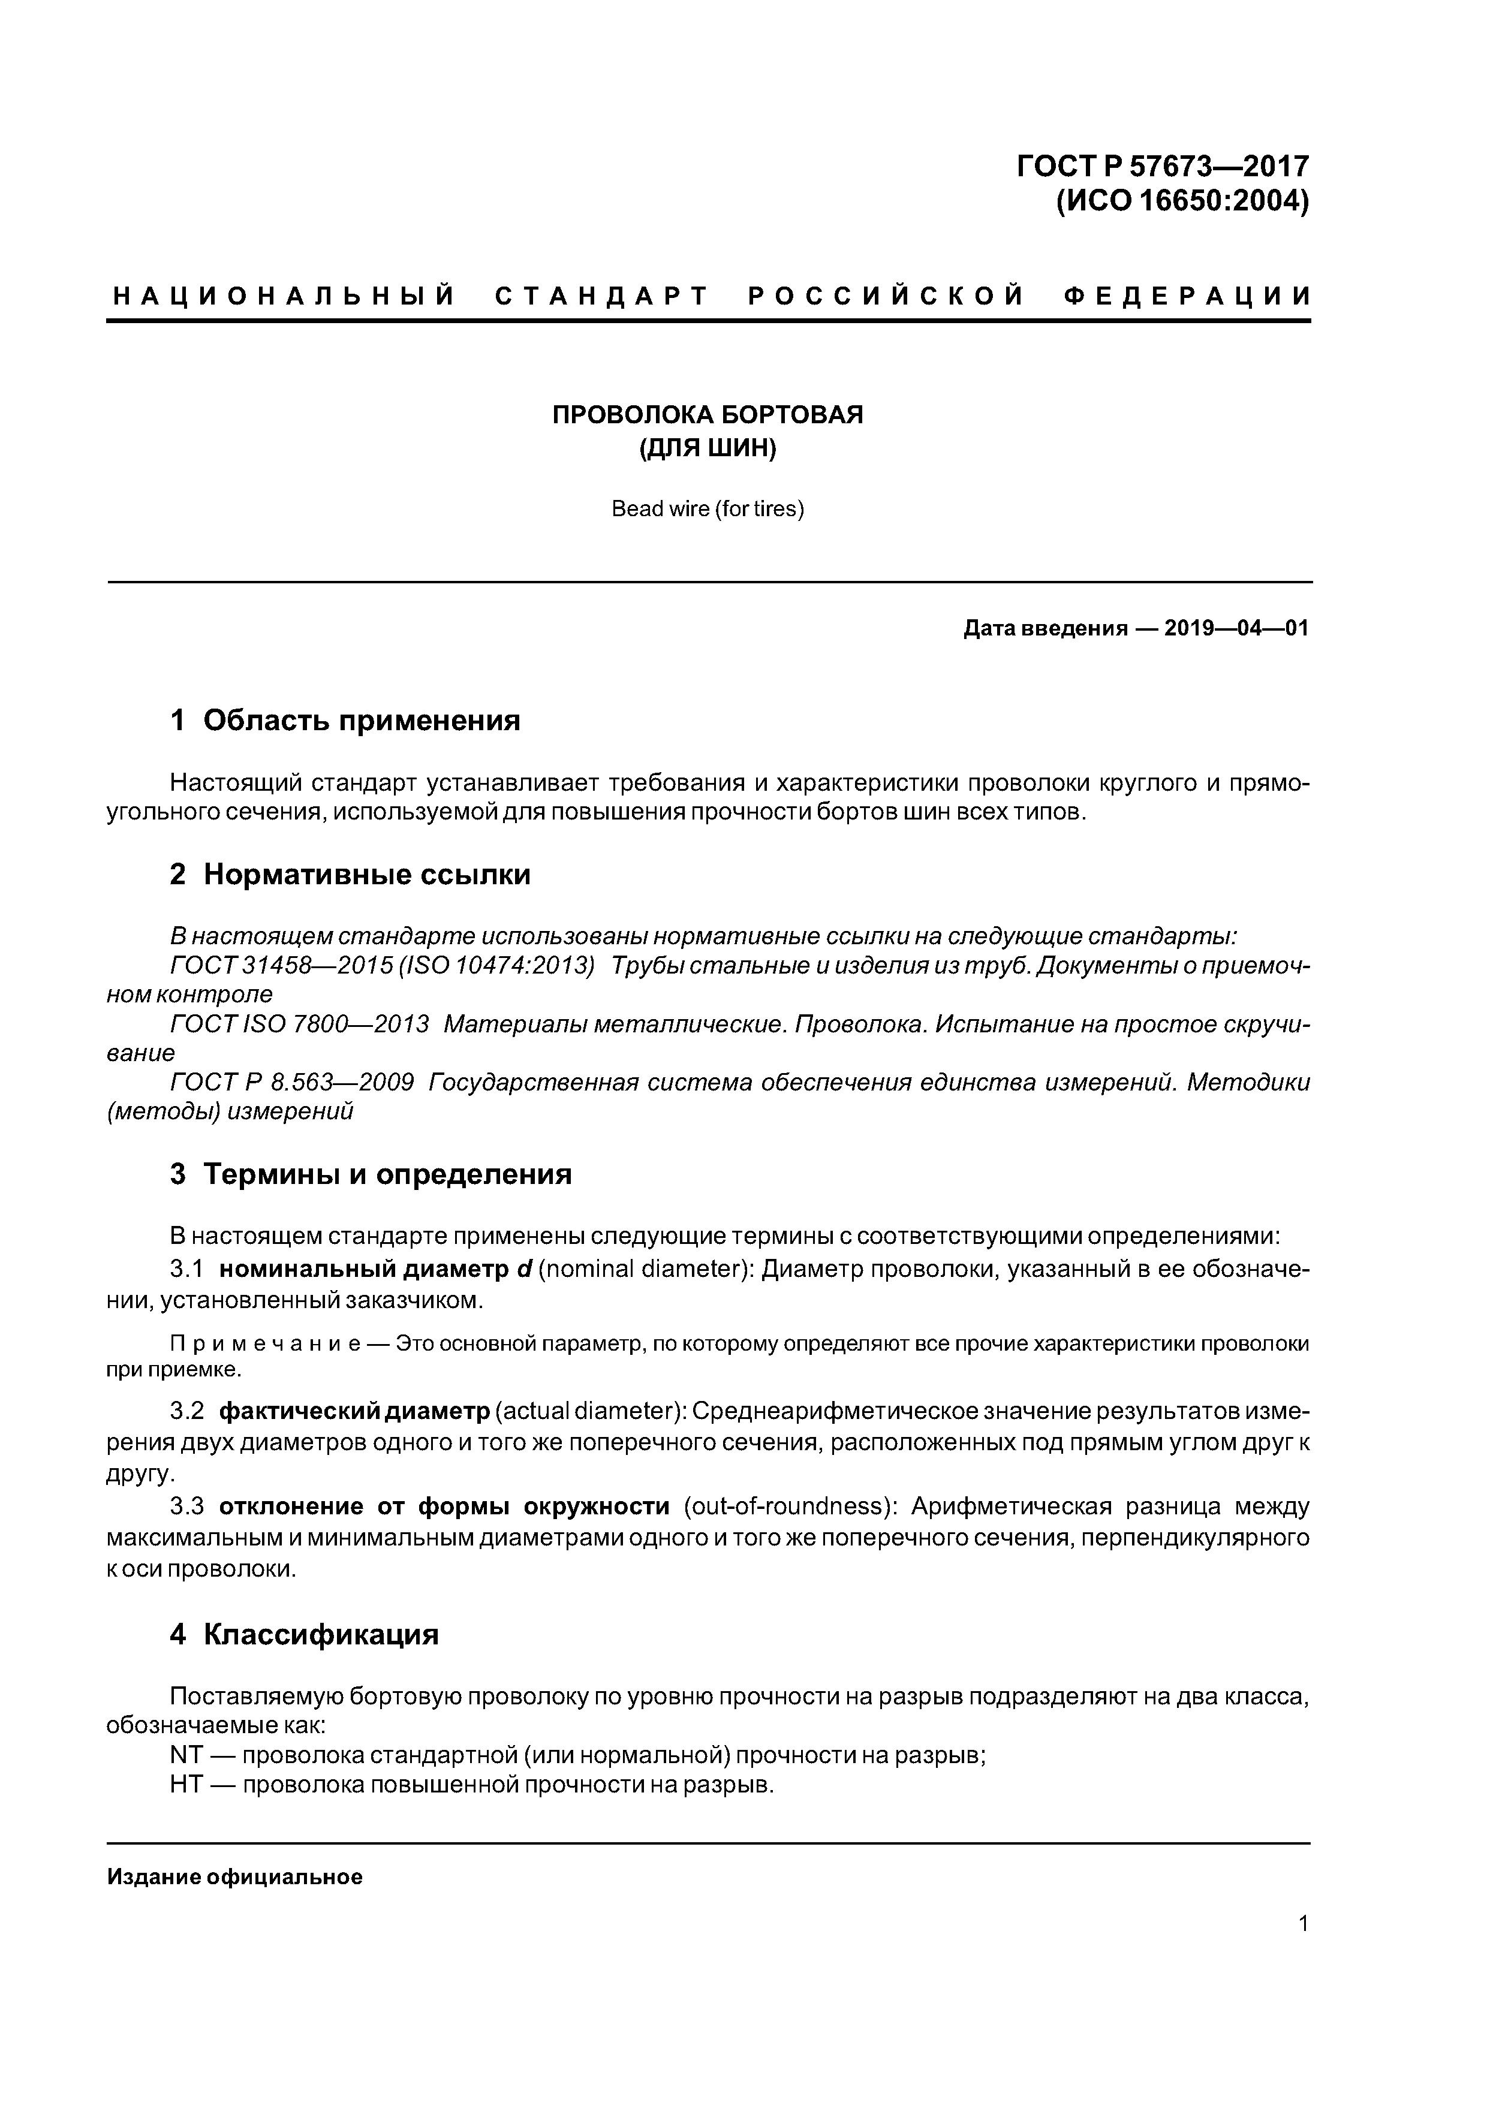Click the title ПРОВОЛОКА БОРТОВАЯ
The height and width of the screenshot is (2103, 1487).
(x=708, y=415)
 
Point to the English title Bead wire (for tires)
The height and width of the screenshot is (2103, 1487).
(x=708, y=509)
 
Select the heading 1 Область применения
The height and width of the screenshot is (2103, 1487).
(x=345, y=721)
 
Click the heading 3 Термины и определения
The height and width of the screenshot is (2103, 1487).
(x=371, y=1174)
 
